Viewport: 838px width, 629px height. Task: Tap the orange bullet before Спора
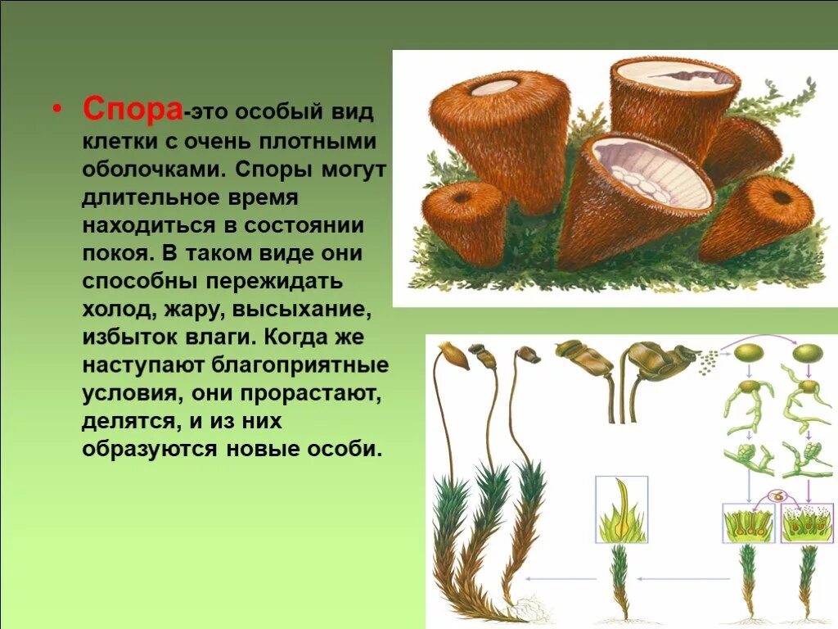[56, 110]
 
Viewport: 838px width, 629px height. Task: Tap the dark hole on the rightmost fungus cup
[782, 197]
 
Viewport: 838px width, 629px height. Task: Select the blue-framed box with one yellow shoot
[621, 509]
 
